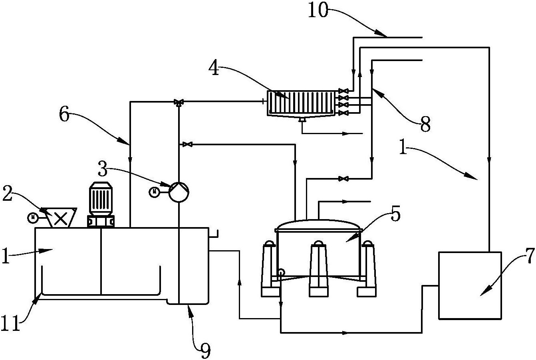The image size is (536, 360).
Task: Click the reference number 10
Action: pos(318,10)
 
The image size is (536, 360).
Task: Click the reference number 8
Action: pos(425,125)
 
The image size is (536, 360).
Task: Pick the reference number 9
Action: pos(205,351)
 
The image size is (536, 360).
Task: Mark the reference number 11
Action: pos(10,323)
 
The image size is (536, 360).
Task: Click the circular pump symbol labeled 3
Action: pos(179,192)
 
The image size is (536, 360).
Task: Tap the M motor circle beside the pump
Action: pos(154,192)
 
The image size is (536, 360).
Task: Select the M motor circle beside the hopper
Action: pos(33,218)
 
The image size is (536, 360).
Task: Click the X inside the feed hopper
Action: pos(60,219)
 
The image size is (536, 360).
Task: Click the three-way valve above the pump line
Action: pos(179,102)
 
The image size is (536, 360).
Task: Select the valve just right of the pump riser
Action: pos(187,144)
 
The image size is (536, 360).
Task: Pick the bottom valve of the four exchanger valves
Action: pos(343,113)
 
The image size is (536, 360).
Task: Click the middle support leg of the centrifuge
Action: pos(318,269)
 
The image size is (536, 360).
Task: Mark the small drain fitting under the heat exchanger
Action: pos(302,120)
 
